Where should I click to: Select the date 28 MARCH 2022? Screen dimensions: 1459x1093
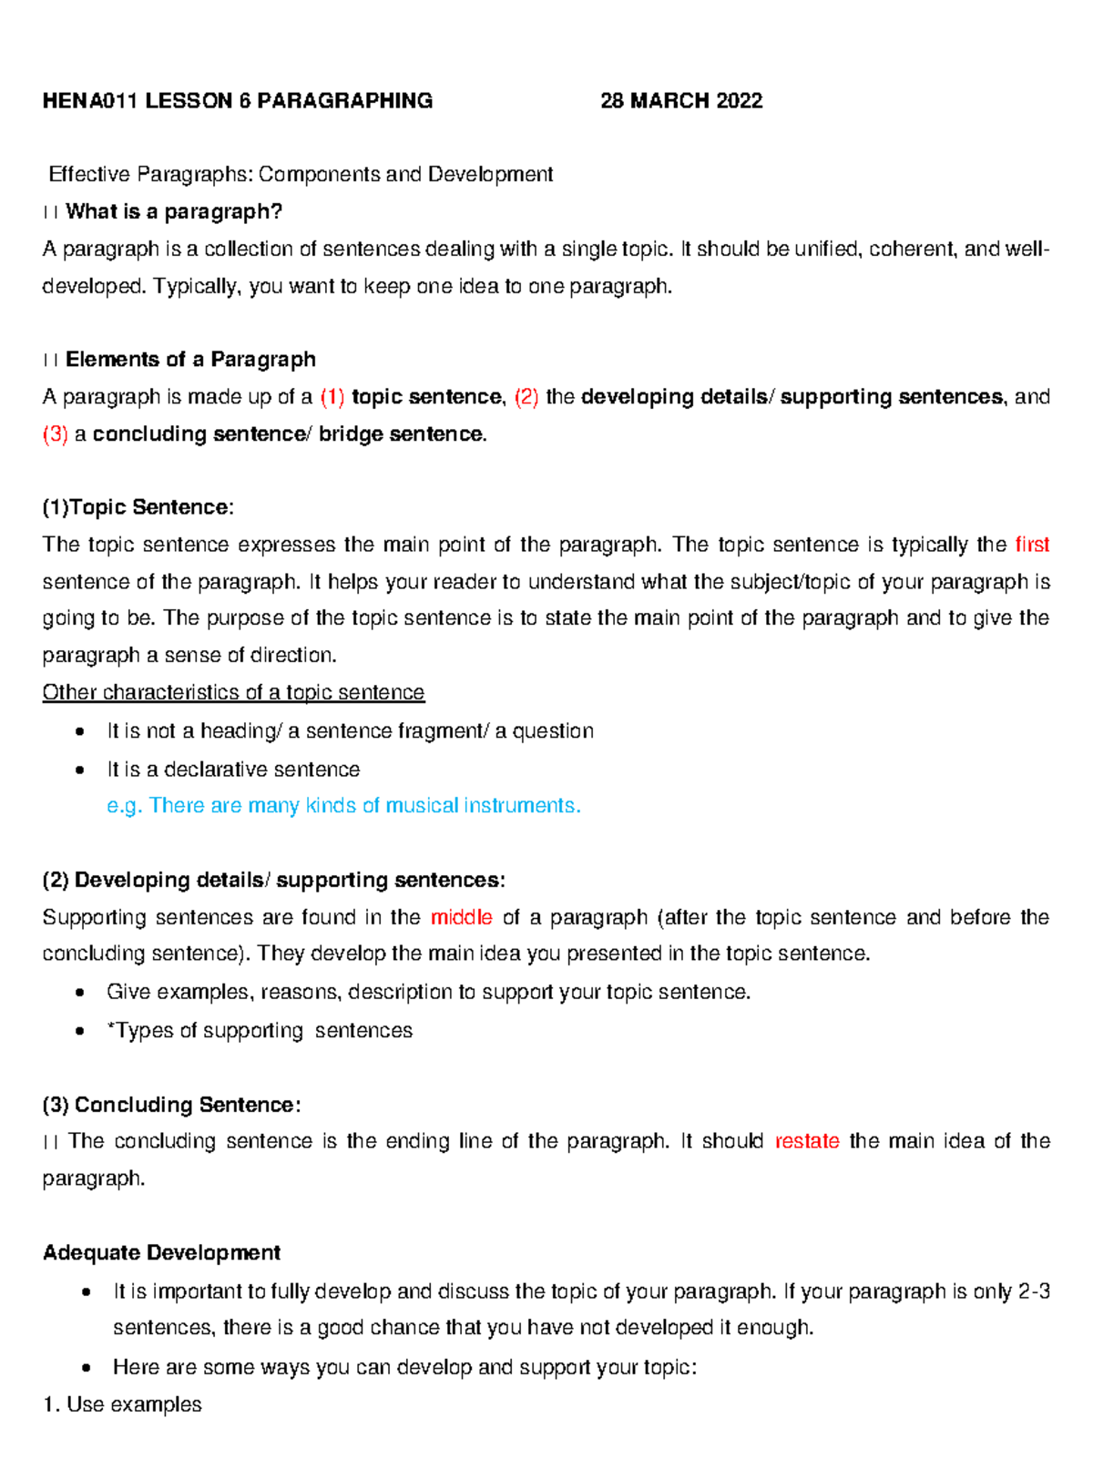coord(681,101)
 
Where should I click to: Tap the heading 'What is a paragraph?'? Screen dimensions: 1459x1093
coord(174,212)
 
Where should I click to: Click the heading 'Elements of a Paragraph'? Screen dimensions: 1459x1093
coord(190,360)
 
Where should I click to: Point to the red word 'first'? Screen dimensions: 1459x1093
coord(1031,545)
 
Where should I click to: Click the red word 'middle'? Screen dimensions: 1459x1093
coord(461,917)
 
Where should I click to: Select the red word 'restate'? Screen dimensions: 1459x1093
coord(806,1141)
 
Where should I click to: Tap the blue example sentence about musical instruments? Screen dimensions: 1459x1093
coord(343,806)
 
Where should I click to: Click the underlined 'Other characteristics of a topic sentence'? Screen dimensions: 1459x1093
coord(233,693)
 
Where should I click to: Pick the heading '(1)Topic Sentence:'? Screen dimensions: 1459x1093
coord(138,507)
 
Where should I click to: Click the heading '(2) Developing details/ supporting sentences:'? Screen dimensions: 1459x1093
coord(273,880)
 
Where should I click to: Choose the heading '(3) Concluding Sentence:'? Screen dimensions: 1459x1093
coord(171,1105)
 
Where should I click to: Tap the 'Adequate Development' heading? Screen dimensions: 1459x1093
coord(161,1253)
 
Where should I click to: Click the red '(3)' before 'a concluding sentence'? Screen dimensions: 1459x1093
coord(56,434)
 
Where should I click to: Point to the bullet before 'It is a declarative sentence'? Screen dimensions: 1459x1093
coord(82,770)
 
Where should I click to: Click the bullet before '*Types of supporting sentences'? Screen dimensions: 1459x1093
coord(82,1031)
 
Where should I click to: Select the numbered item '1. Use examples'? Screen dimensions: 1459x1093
coord(122,1404)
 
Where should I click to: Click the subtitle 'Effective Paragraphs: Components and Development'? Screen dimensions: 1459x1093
coord(301,174)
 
